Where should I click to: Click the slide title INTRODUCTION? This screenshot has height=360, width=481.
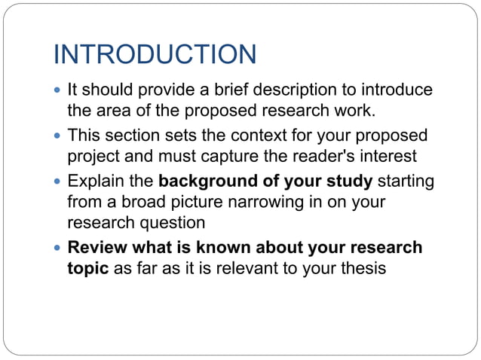(x=155, y=54)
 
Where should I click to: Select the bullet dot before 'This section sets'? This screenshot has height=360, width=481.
(x=60, y=136)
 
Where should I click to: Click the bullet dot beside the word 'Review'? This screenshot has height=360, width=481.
(x=60, y=249)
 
